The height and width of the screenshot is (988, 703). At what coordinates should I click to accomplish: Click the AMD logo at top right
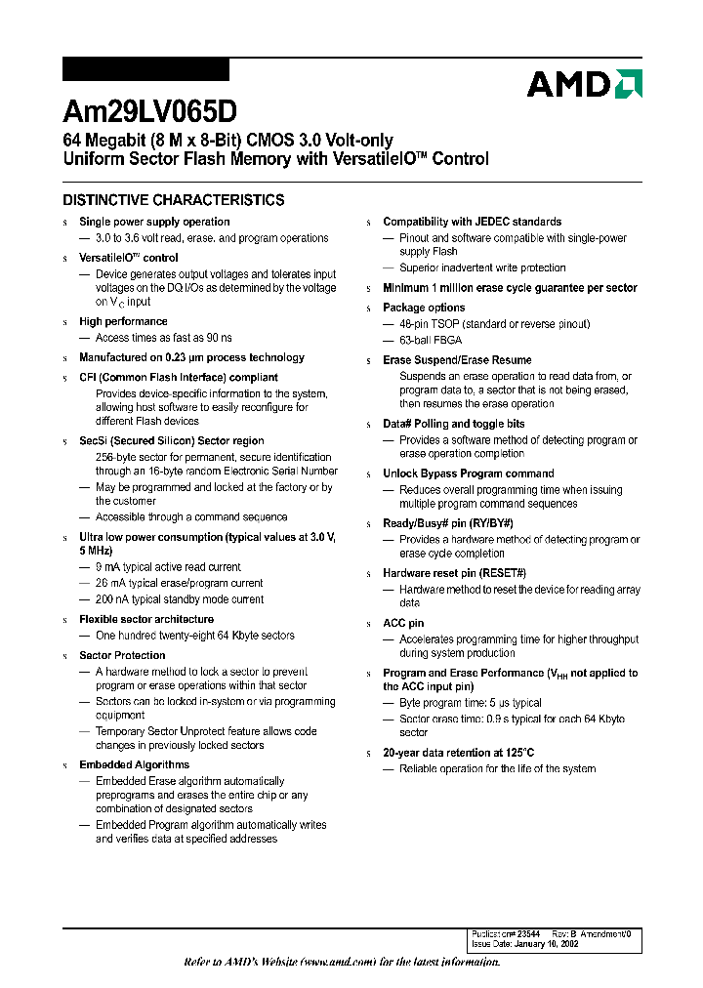(x=583, y=84)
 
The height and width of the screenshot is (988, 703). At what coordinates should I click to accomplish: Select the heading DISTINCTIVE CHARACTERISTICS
(x=174, y=200)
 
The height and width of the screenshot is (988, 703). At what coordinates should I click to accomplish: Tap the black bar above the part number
(x=145, y=69)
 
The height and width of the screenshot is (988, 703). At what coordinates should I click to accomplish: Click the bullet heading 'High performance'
(x=123, y=321)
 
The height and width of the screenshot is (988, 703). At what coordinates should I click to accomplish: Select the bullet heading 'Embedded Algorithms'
(x=134, y=764)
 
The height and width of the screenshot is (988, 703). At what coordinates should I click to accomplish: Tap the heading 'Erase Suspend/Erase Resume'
(x=457, y=360)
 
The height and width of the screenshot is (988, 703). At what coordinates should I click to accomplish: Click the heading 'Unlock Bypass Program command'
(x=468, y=473)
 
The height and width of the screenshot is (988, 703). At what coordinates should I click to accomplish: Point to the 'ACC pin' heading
(x=403, y=623)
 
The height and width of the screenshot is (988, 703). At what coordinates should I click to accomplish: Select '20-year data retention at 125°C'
(x=458, y=753)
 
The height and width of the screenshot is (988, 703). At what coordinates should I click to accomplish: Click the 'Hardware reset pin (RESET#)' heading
(x=454, y=573)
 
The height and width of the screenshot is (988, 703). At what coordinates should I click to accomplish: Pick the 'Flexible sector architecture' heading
(x=146, y=619)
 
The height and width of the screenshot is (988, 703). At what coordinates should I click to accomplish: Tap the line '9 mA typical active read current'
(x=168, y=566)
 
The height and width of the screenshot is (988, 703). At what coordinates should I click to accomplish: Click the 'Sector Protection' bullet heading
(x=122, y=655)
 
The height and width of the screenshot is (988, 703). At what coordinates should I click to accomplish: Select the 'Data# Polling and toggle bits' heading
(x=453, y=424)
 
